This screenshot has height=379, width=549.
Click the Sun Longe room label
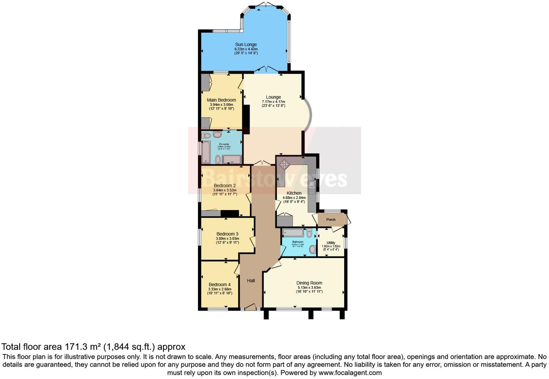[246, 44]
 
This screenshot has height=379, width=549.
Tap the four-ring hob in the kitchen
[284, 164]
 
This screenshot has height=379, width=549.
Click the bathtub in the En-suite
[206, 152]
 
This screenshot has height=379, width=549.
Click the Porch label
[331, 220]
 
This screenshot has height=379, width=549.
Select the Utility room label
[331, 243]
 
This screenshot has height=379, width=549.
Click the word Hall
[251, 281]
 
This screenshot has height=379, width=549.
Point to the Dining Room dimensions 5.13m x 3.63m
[309, 288]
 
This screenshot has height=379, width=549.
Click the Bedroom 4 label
[220, 285]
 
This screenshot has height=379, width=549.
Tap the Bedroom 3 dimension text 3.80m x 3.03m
[228, 238]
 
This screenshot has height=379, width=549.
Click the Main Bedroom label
[221, 100]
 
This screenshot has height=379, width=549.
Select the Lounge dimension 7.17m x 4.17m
[273, 102]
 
